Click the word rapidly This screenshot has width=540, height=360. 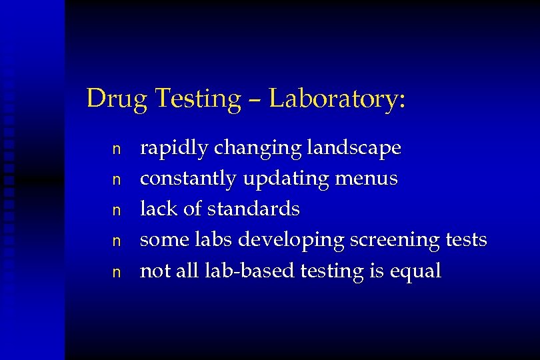(171, 149)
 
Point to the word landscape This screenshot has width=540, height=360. (355, 149)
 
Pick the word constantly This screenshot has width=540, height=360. (188, 179)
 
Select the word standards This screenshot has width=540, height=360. (253, 209)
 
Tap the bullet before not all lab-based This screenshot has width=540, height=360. (116, 272)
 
